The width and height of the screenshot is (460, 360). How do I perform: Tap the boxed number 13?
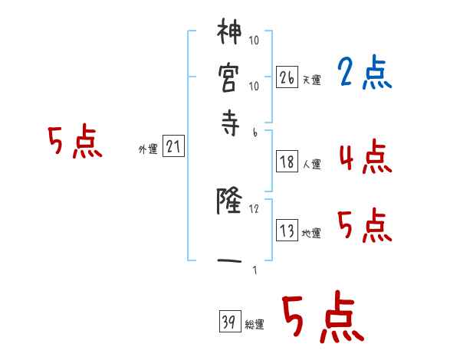pos(287,231)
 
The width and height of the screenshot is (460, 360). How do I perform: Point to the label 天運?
pos(311,80)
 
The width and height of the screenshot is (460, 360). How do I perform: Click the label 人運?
pos(311,164)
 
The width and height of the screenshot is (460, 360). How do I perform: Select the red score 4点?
pos(364,157)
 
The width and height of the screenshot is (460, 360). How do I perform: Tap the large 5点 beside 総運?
pos(323,318)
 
